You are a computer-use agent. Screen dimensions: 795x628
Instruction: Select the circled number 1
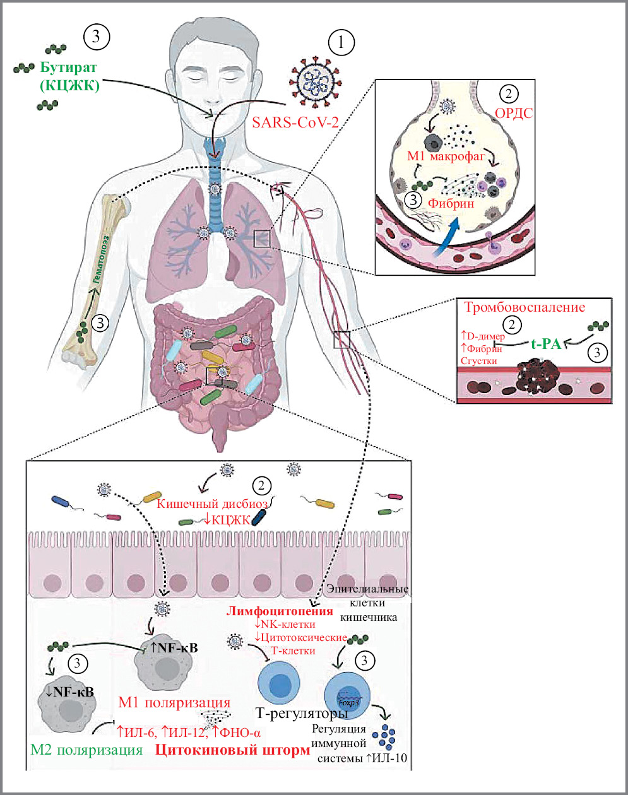pyautogui.click(x=341, y=44)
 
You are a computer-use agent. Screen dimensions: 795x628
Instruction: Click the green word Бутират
pyautogui.click(x=71, y=68)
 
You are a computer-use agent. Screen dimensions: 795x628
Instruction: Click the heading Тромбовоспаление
pyautogui.click(x=524, y=308)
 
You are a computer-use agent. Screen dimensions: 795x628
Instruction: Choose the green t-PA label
pyautogui.click(x=546, y=342)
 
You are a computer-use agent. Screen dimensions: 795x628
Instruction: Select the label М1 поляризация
pyautogui.click(x=174, y=703)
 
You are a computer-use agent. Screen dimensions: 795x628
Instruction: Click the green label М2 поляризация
pyautogui.click(x=86, y=750)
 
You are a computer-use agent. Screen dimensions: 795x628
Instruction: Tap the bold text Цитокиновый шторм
pyautogui.click(x=232, y=750)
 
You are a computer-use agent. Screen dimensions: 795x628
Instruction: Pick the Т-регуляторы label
pyautogui.click(x=302, y=714)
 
